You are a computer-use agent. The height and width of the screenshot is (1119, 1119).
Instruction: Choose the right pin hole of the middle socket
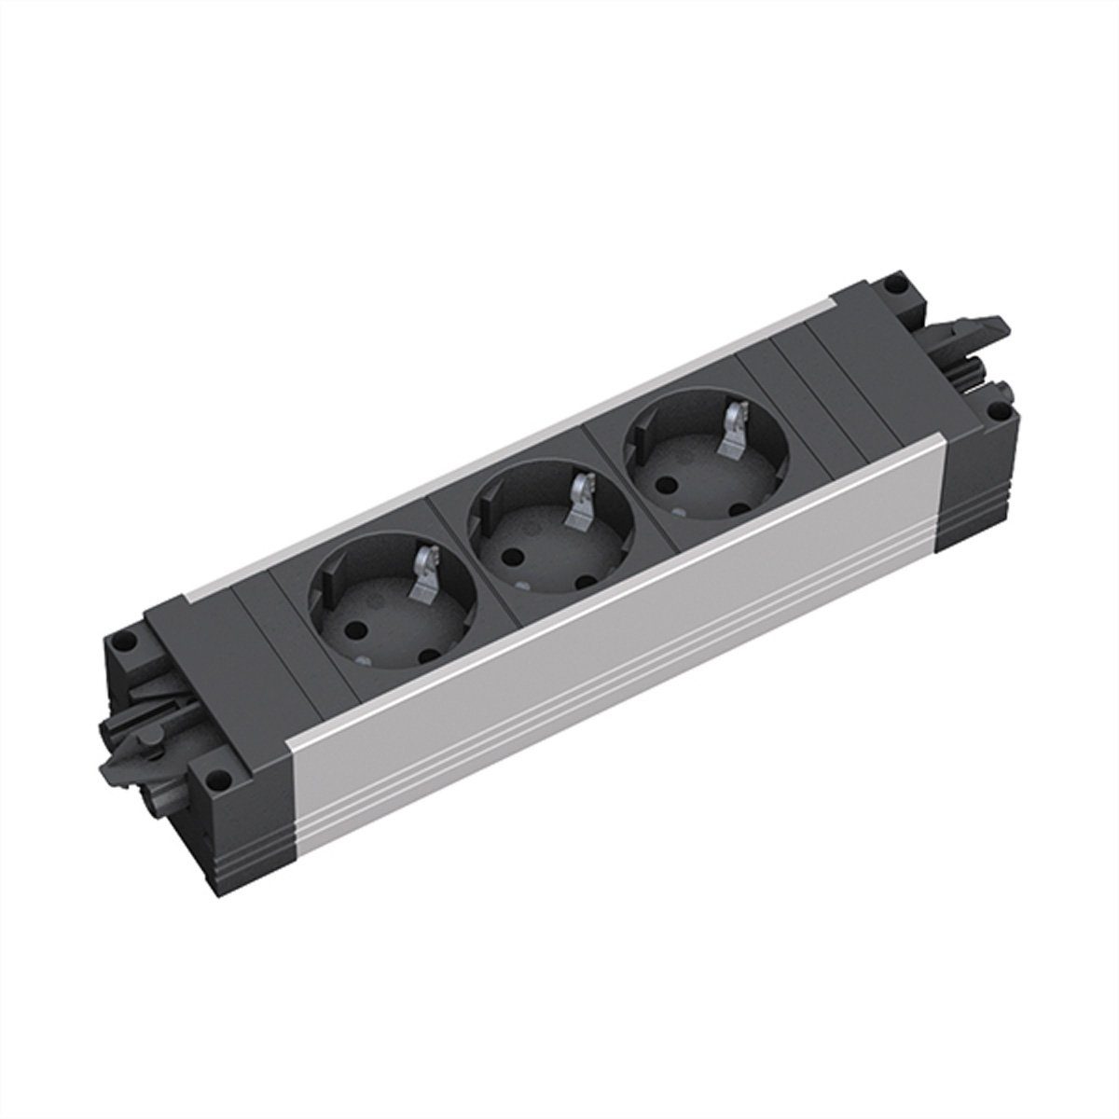(x=586, y=581)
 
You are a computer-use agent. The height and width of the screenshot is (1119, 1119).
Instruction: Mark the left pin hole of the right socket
(x=664, y=486)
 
